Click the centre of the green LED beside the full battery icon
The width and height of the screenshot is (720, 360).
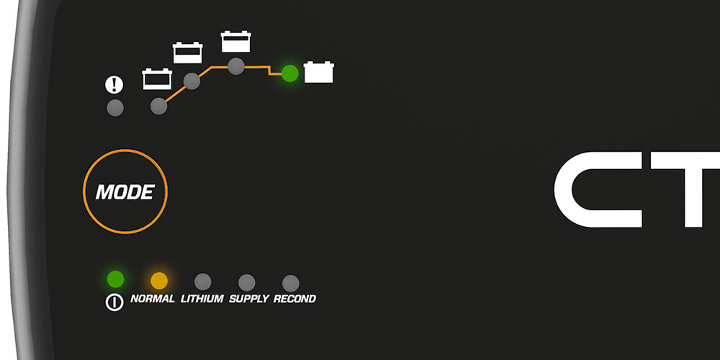289,73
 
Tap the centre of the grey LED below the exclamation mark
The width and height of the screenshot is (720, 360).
114,108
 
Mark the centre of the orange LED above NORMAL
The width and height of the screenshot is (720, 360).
159,281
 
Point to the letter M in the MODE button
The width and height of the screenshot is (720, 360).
104,192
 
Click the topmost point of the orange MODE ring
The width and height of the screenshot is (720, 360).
125,150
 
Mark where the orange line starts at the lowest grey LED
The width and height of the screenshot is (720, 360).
165,102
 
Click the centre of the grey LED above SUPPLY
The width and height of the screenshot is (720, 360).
246,282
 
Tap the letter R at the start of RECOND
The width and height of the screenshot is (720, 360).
277,299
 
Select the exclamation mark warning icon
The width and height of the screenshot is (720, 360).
114,84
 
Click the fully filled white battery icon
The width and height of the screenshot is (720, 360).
319,72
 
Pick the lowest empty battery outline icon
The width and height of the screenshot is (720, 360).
157,79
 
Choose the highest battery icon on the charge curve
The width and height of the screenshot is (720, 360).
235,41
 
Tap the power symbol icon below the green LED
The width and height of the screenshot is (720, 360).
114,302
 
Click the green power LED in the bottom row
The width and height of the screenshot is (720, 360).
115,279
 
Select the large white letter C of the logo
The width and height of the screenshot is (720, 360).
598,189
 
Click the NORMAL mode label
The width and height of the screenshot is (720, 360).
153,299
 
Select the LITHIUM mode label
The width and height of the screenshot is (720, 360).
202,299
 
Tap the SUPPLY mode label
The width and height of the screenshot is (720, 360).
249,299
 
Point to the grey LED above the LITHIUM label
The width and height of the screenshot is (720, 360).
202,282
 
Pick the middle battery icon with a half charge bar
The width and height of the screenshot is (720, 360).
187,53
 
